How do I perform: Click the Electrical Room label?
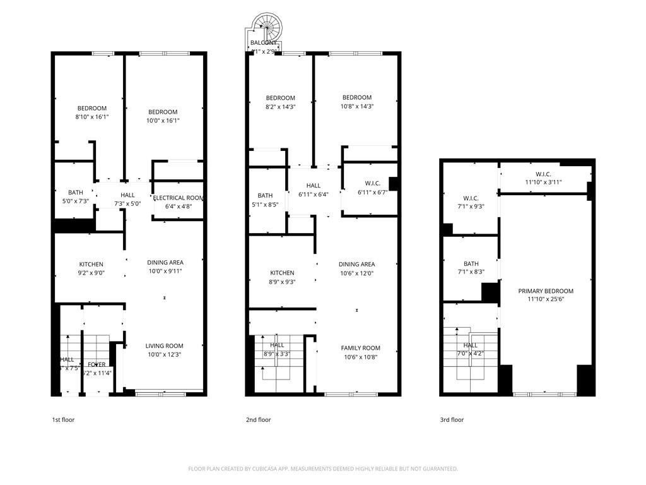tap(179, 198)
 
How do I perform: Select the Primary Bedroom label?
tap(546, 291)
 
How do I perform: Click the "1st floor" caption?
tap(63, 419)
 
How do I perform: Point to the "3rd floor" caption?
tap(452, 419)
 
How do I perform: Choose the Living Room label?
tap(164, 346)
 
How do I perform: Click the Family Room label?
tap(360, 348)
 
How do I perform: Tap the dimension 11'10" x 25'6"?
tap(546, 300)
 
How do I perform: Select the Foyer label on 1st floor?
tap(97, 364)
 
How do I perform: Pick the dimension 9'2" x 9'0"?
tap(91, 273)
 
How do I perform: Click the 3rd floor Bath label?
tap(471, 264)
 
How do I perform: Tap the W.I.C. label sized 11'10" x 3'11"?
tap(544, 174)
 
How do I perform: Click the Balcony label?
tap(263, 43)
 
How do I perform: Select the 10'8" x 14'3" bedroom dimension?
tap(356, 107)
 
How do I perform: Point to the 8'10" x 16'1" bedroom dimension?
tap(91, 117)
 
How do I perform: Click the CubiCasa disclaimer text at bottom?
tap(323, 469)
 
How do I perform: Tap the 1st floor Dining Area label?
tap(165, 263)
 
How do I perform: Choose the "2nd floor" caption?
tap(258, 419)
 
